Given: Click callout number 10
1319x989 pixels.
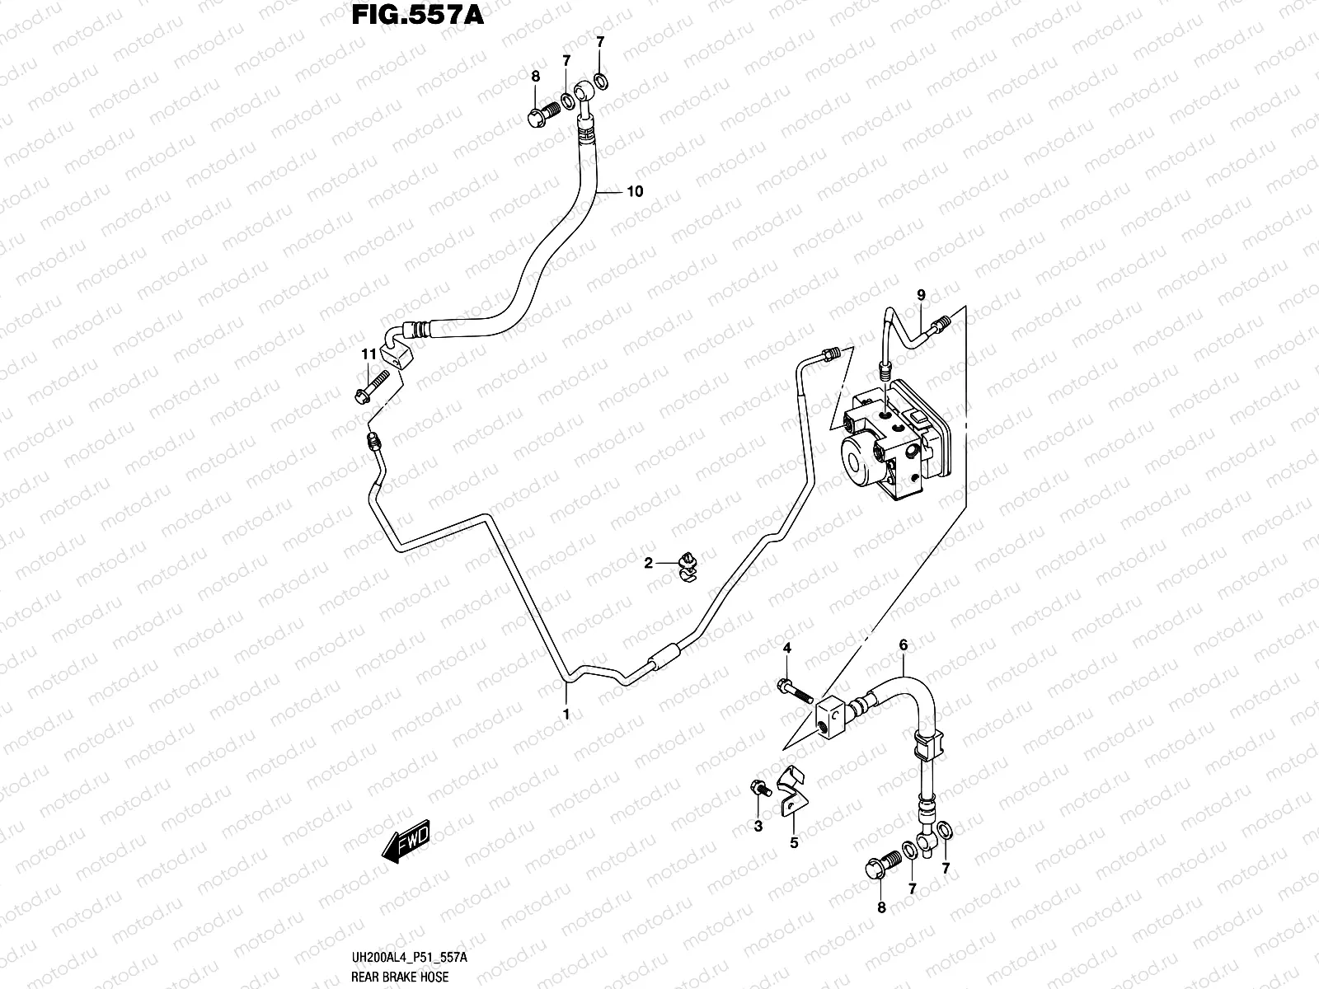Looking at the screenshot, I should click(x=634, y=192).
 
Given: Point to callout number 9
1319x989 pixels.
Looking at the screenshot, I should click(x=921, y=295).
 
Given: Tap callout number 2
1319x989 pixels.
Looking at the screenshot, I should click(x=649, y=563).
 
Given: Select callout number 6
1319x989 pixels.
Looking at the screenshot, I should click(x=903, y=645).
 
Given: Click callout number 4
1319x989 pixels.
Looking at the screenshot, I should click(x=786, y=649).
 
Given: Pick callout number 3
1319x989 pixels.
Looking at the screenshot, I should click(x=758, y=827).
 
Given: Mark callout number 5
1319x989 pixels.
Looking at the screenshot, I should click(x=794, y=842).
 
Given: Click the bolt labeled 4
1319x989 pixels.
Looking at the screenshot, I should click(x=793, y=688).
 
